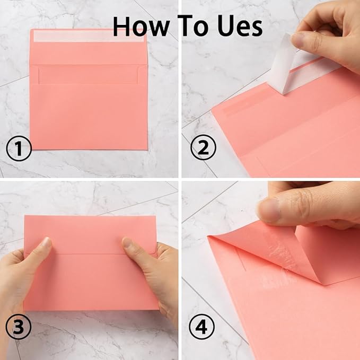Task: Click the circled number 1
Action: click(19, 150)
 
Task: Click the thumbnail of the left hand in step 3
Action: click(46, 245)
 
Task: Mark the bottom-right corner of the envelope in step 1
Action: click(147, 149)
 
